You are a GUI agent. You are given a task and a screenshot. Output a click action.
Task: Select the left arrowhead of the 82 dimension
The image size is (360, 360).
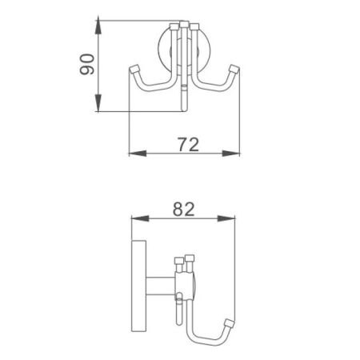(x=134, y=218)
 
